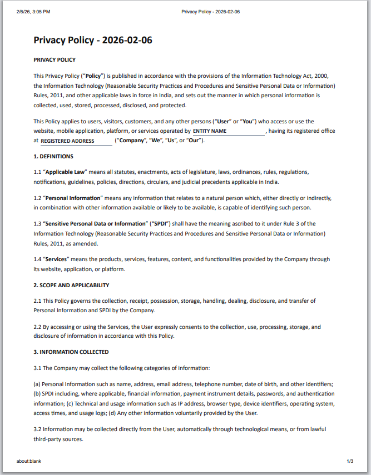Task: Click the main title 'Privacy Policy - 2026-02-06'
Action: click(93, 40)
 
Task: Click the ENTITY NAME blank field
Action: click(229, 131)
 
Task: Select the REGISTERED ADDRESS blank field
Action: click(76, 141)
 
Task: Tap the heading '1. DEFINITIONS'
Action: click(53, 157)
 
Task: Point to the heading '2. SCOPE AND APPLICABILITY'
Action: click(71, 285)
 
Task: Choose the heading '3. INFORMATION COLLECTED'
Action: click(71, 352)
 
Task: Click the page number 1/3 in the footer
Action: click(350, 461)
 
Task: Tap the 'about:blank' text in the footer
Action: click(29, 461)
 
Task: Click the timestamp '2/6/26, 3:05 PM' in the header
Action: click(33, 11)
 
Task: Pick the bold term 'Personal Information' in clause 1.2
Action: click(73, 198)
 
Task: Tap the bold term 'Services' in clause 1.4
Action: click(56, 259)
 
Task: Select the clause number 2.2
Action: click(38, 327)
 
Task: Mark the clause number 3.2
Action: click(38, 429)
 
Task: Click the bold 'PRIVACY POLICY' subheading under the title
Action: click(55, 59)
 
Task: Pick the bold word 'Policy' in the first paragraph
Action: click(93, 76)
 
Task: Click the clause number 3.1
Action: click(38, 368)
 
